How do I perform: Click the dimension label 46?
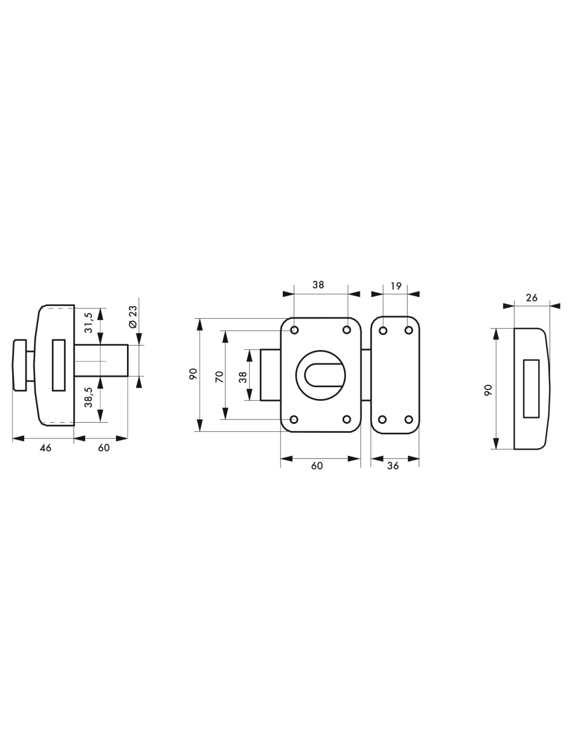tap(45, 447)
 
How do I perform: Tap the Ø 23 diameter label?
tap(133, 317)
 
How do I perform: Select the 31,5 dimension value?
tap(88, 322)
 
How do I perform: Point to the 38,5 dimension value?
tap(88, 397)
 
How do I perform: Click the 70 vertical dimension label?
tap(220, 377)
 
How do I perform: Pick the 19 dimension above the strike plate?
tap(396, 286)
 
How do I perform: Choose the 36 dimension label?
tap(393, 466)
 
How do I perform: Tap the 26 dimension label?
tap(532, 298)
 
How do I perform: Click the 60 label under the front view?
tap(317, 466)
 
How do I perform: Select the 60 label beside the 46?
tap(103, 447)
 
